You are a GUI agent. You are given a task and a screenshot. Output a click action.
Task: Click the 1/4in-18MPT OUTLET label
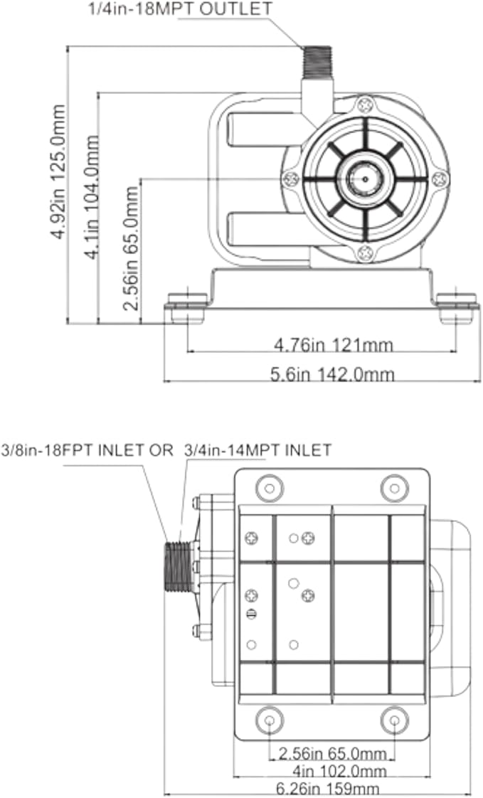click(180, 8)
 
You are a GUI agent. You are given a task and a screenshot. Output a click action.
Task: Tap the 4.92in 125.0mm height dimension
click(58, 172)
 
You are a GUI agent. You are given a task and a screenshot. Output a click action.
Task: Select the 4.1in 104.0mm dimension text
click(91, 197)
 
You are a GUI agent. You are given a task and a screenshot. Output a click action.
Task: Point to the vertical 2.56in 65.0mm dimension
click(129, 248)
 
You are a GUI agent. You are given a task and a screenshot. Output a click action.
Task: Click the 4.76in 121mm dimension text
click(334, 345)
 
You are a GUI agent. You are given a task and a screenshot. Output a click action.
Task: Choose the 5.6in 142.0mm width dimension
click(332, 375)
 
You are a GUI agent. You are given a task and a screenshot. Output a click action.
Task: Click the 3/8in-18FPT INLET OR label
click(87, 450)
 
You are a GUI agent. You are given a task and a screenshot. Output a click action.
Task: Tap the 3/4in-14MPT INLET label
click(258, 450)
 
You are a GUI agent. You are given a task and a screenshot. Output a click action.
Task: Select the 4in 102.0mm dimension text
click(339, 770)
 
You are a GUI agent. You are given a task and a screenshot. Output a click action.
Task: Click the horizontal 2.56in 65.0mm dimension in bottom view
click(332, 752)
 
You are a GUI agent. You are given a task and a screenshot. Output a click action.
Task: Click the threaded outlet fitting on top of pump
click(317, 63)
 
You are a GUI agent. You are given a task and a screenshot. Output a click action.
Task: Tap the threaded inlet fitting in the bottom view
click(179, 567)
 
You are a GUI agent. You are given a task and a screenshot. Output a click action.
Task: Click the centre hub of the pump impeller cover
click(365, 179)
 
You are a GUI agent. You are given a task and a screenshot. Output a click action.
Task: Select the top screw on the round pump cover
click(365, 105)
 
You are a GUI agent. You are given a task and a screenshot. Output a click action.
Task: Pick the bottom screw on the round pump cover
click(365, 252)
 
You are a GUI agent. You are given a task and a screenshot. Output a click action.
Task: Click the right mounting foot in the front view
click(457, 308)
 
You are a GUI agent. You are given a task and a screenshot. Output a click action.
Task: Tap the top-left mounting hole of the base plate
click(270, 489)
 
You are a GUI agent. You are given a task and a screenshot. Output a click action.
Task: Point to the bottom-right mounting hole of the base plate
click(395, 720)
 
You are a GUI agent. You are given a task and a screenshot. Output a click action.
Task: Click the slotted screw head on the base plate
click(251, 615)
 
